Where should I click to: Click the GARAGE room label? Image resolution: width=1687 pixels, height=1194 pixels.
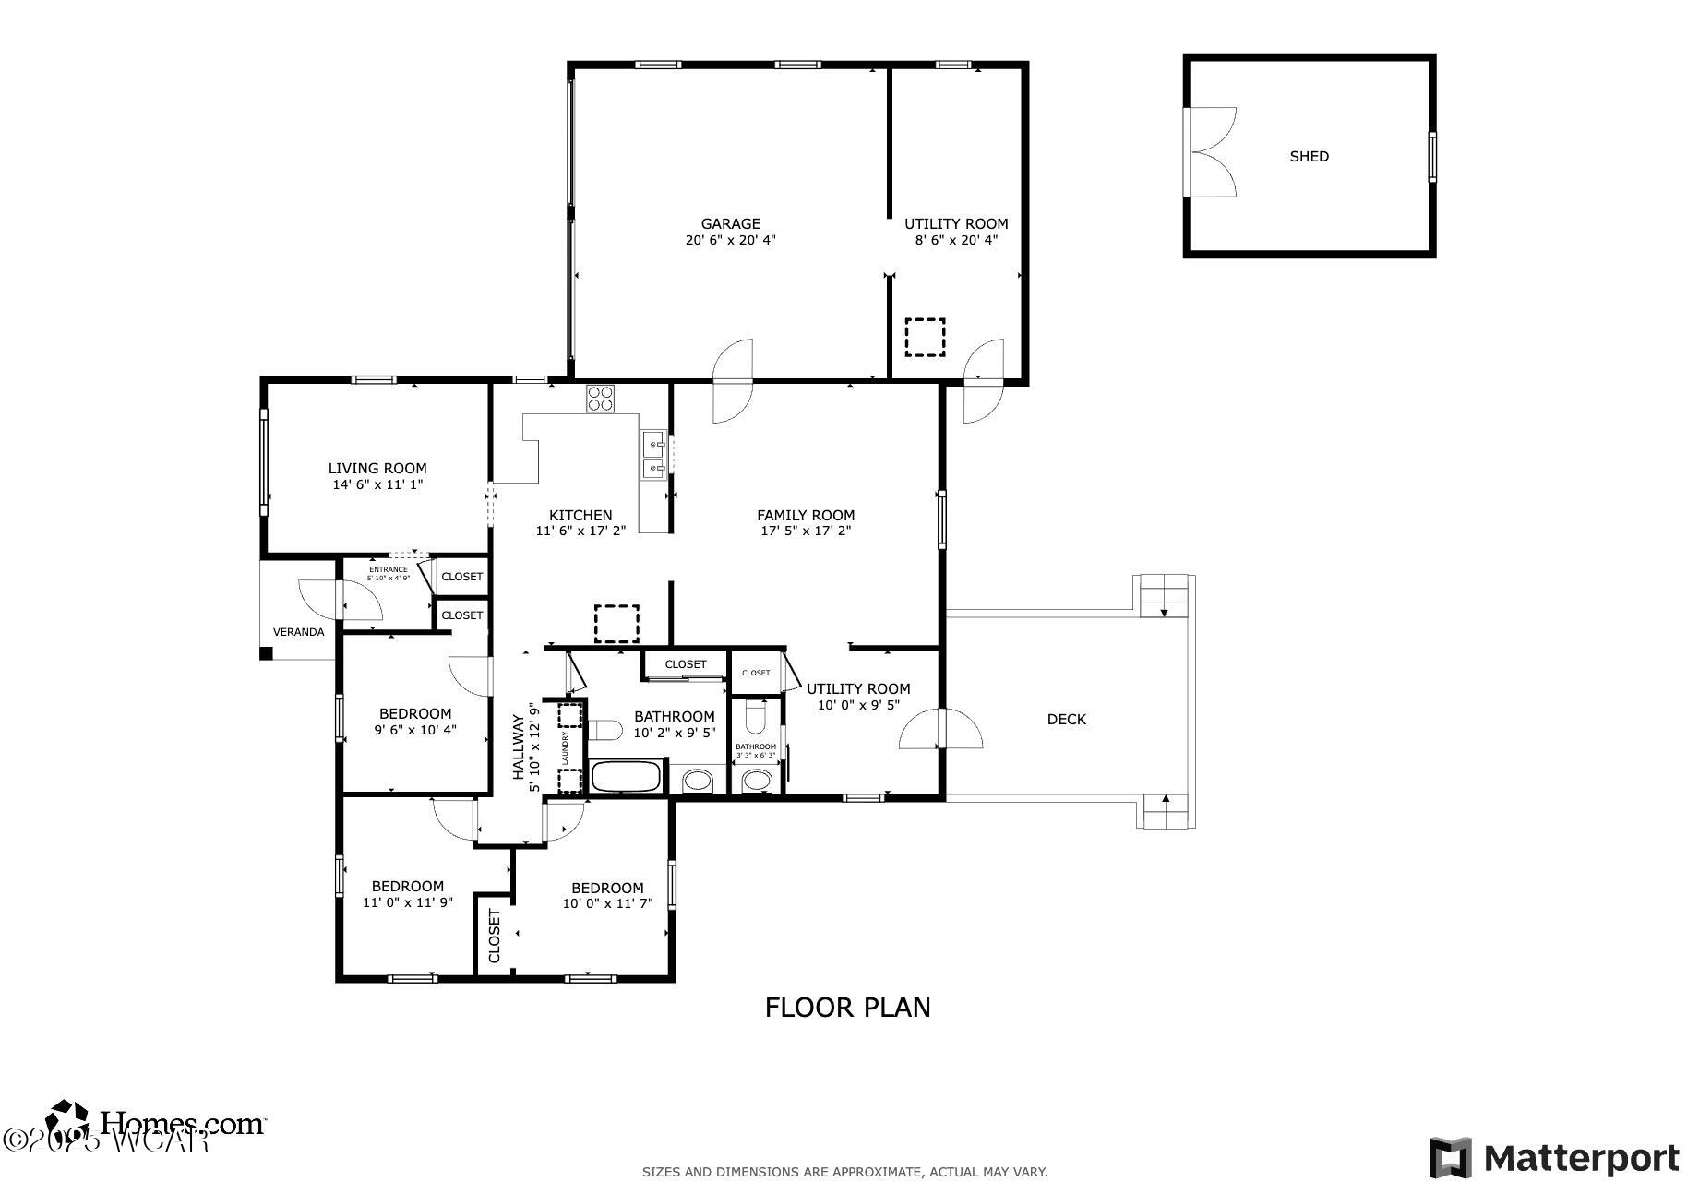pos(730,223)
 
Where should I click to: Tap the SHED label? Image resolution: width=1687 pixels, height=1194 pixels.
pos(1309,157)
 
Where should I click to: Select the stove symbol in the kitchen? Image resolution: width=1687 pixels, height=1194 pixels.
pos(600,399)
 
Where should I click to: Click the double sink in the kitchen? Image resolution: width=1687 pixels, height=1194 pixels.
pos(653,457)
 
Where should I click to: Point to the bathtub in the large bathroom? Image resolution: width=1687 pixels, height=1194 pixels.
pos(627,776)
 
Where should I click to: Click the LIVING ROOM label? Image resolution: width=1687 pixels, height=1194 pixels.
pos(377,469)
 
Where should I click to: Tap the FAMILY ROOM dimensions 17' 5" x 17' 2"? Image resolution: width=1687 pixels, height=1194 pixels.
pos(805,531)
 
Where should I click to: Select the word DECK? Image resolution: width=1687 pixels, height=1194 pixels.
pos(1066,720)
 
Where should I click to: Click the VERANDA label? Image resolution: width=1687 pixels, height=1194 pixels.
pos(298,632)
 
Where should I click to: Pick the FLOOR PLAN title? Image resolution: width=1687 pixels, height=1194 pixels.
pos(847,1008)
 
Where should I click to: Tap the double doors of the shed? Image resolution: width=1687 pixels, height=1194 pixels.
pos(1210,151)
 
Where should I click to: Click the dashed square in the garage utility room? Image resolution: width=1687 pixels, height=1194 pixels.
pos(925,338)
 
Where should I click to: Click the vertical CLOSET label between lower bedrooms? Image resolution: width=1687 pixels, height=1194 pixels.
pos(494,937)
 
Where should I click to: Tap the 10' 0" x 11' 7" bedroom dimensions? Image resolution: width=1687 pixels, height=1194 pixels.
pos(607,903)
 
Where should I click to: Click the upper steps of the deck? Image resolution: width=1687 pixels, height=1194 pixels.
pos(1164,595)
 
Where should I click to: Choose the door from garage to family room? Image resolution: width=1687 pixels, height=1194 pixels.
pos(734,381)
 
